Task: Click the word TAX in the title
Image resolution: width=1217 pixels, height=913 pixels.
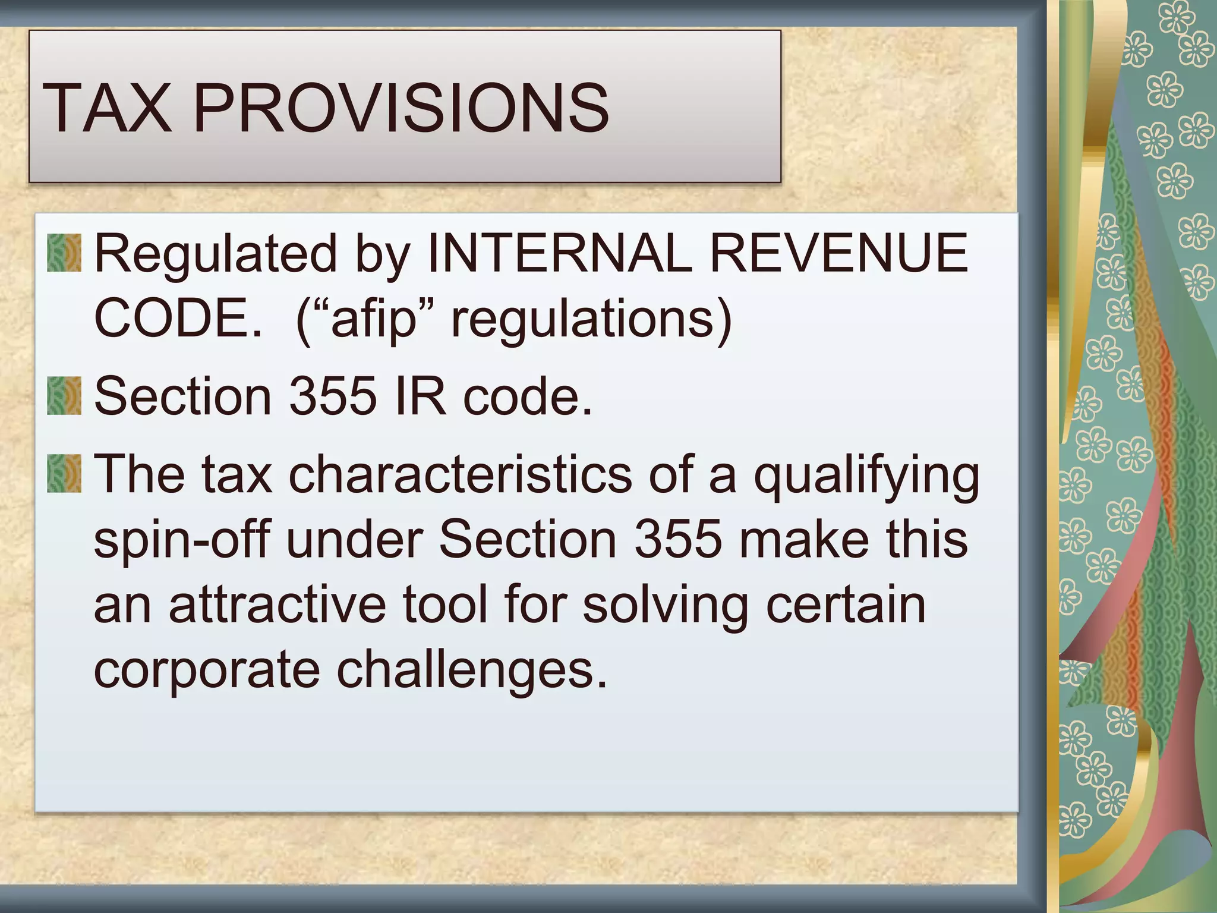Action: [x=107, y=108]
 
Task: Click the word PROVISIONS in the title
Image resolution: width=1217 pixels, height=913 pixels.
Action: [x=401, y=108]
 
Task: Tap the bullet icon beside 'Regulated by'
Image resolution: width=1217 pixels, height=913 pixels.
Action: [x=64, y=253]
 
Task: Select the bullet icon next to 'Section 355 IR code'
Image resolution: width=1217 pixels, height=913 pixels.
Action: [x=64, y=396]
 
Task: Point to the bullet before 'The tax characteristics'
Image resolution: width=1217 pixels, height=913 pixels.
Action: [x=64, y=473]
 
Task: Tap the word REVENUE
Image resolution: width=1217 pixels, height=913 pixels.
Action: [x=838, y=253]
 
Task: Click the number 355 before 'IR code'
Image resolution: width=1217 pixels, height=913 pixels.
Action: [x=333, y=396]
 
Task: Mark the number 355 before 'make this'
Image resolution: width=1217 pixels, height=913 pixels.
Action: [x=678, y=539]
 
